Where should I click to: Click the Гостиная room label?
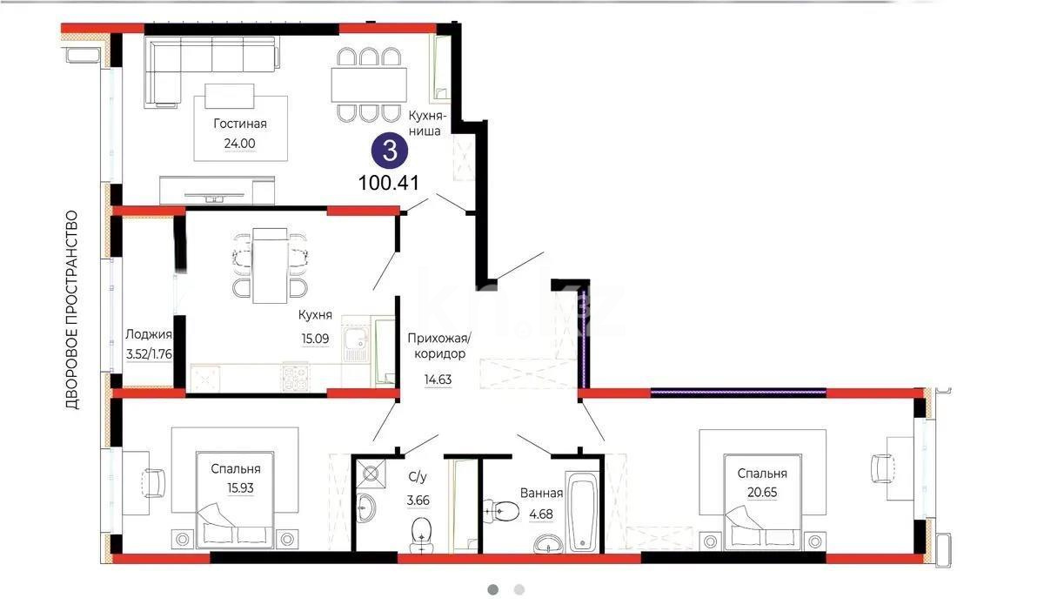[239, 124]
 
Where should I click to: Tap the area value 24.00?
[239, 145]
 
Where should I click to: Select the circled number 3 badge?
[389, 151]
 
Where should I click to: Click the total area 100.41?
[389, 183]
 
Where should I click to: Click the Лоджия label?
[149, 334]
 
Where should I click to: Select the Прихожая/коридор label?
[439, 346]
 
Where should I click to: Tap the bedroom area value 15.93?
[235, 489]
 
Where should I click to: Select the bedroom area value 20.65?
[762, 494]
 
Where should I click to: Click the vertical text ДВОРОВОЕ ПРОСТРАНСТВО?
[72, 310]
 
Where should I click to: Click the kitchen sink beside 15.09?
[355, 344]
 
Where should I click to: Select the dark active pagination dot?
[492, 589]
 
